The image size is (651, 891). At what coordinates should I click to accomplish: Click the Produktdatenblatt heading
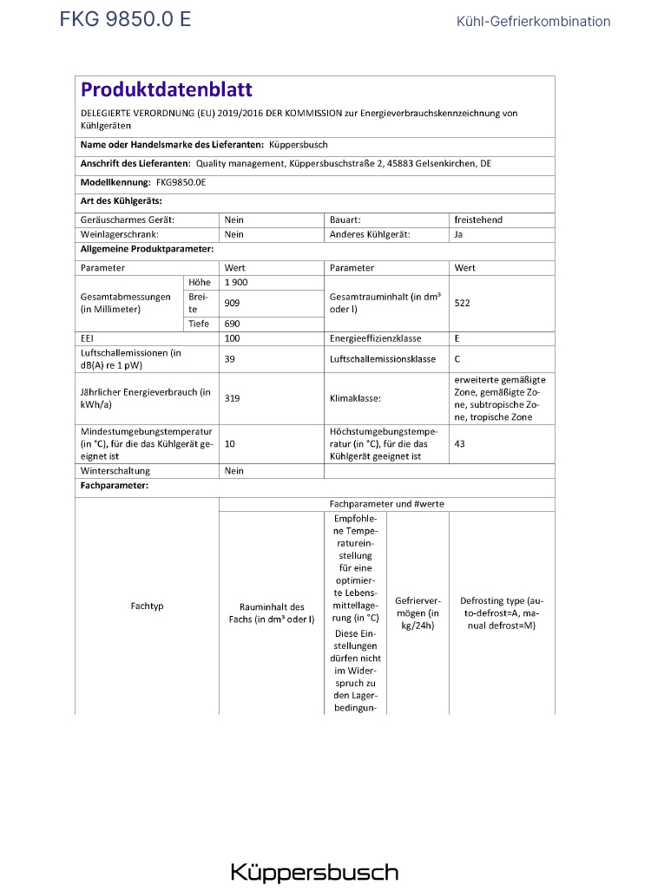167,90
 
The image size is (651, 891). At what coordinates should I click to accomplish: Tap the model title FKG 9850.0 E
125,20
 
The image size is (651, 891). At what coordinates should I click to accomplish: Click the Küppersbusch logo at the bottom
314,872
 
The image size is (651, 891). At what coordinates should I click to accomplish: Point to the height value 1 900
237,283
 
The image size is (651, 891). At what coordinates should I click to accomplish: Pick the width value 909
232,303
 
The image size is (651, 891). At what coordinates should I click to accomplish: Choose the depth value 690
232,324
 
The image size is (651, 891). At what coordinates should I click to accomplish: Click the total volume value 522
463,303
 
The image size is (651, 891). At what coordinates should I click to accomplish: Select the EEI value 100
232,338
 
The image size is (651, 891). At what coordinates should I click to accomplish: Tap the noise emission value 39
229,358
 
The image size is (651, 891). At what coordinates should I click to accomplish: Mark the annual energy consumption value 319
232,398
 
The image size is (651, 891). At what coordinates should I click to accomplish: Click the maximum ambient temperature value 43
460,443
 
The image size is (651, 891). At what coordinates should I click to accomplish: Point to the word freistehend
478,220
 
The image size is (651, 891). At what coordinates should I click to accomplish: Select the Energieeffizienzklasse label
376,338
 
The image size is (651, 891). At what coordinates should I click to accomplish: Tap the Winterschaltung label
109,470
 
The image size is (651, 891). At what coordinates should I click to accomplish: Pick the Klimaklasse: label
356,398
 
